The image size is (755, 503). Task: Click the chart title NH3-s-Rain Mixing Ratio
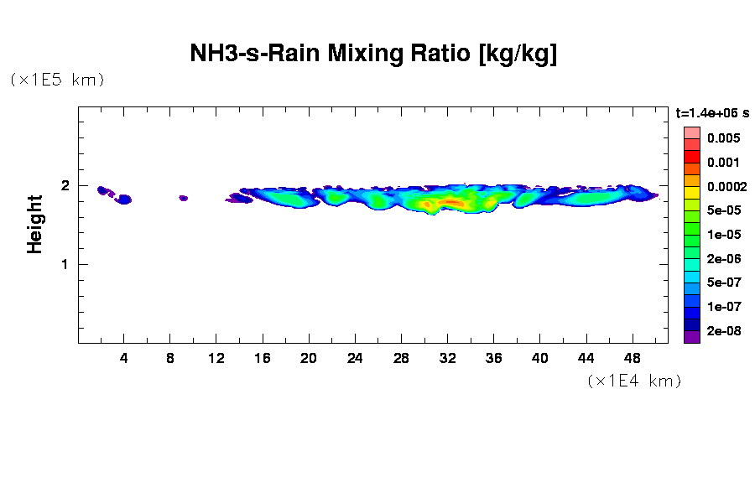tap(374, 54)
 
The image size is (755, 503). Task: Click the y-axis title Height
tap(35, 224)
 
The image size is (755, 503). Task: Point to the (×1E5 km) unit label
tap(57, 80)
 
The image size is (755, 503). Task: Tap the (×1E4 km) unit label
tap(634, 381)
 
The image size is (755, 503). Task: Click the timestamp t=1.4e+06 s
tap(712, 112)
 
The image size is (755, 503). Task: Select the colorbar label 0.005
tap(722, 138)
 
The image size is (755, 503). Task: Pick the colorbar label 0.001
tap(722, 163)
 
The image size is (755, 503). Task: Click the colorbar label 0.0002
tap(726, 186)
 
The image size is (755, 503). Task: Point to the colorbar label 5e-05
tap(723, 210)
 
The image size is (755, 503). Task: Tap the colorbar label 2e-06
tap(723, 259)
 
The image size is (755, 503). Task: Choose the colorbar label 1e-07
tap(723, 307)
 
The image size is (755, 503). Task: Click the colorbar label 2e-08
tap(723, 331)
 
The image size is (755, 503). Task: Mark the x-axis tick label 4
tap(124, 358)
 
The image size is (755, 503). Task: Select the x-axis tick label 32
tap(447, 358)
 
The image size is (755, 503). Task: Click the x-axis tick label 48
tap(632, 358)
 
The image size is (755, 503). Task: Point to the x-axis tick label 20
tap(309, 358)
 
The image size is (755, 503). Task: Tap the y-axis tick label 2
tap(64, 186)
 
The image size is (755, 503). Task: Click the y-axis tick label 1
tap(64, 264)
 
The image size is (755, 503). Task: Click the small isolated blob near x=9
tap(183, 198)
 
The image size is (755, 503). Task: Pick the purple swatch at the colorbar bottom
tap(691, 337)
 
